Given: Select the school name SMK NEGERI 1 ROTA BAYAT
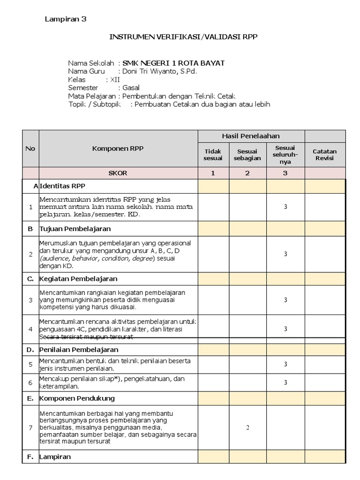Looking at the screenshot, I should (x=173, y=63).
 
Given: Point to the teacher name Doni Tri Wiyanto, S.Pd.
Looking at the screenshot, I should (x=159, y=71).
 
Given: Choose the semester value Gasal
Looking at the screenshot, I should (x=131, y=88).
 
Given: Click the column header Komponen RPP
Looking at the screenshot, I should (x=118, y=148).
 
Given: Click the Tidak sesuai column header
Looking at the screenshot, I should (x=213, y=155).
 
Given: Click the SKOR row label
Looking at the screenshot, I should (x=118, y=173).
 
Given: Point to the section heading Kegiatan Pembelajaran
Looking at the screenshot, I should (x=78, y=278).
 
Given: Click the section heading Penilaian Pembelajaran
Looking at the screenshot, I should (x=79, y=350).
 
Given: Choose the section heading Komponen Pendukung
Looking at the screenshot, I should (x=77, y=398).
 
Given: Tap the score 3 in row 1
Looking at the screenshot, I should (x=285, y=207).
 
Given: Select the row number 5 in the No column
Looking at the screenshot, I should (x=30, y=364).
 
